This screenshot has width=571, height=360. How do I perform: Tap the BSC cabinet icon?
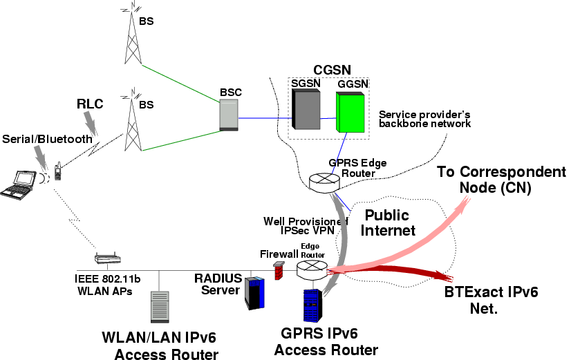click(228, 114)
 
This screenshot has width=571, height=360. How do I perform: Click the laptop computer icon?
click(19, 184)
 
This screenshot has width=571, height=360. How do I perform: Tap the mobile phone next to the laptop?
click(59, 171)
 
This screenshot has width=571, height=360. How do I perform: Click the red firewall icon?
click(278, 270)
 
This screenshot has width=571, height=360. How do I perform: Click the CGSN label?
click(332, 69)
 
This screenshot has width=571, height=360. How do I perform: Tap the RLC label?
click(89, 104)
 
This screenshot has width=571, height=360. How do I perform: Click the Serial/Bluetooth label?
click(46, 139)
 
